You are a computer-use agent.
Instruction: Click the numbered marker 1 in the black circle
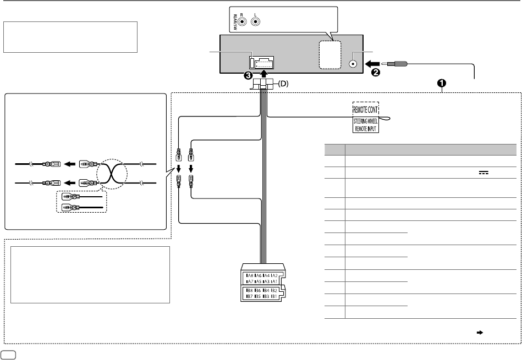point(441,84)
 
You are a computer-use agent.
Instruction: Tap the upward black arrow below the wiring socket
point(264,73)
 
